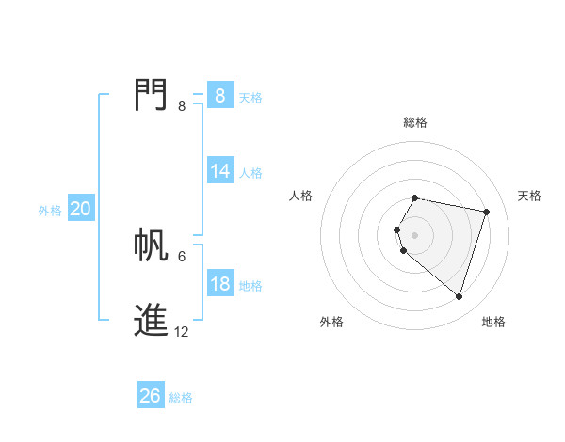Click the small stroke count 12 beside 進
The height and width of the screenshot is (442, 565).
point(182,331)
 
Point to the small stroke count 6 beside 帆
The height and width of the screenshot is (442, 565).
point(182,256)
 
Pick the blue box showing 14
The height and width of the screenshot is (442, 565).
point(220,171)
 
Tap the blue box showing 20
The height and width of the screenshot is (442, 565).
point(80,210)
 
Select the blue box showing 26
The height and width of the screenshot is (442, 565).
point(151,397)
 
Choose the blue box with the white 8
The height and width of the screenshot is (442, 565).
point(220,96)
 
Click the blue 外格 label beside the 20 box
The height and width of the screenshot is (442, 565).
point(50,211)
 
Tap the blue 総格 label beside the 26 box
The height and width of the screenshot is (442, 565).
point(181,398)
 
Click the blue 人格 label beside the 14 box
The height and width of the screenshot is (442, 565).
point(250,173)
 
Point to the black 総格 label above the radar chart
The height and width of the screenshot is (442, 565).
point(415,122)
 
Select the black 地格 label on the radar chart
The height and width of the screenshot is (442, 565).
point(493,322)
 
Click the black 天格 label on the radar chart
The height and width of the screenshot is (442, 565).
point(529,196)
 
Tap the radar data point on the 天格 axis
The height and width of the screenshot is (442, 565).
point(486,212)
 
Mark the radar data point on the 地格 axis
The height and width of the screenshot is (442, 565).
point(459,296)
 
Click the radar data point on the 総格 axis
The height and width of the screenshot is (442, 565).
point(415,197)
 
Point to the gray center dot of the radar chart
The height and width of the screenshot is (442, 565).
point(415,234)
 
